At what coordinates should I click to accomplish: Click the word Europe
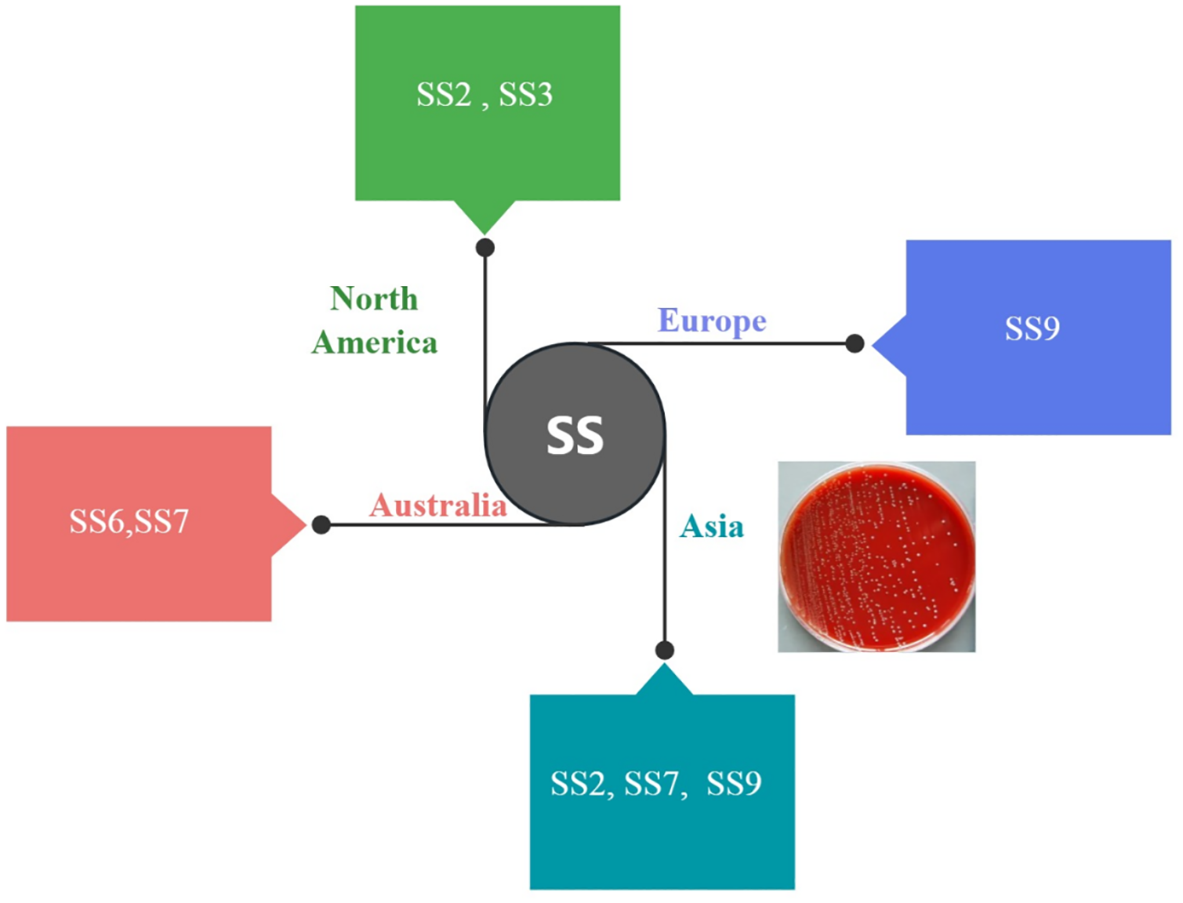coord(712,321)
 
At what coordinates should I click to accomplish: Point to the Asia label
coord(711,527)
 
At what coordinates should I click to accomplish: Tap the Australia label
coord(438,505)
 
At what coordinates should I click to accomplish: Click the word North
coord(374,299)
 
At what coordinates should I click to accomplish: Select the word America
coord(374,342)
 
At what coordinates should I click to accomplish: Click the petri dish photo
coord(877,556)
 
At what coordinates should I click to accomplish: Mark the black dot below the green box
coord(485,248)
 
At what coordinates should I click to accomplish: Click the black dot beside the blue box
coord(854,343)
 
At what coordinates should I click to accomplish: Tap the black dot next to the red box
coord(321,524)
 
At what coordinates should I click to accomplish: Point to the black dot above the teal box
coord(664,650)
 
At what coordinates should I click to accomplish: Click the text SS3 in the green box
coord(526,94)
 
